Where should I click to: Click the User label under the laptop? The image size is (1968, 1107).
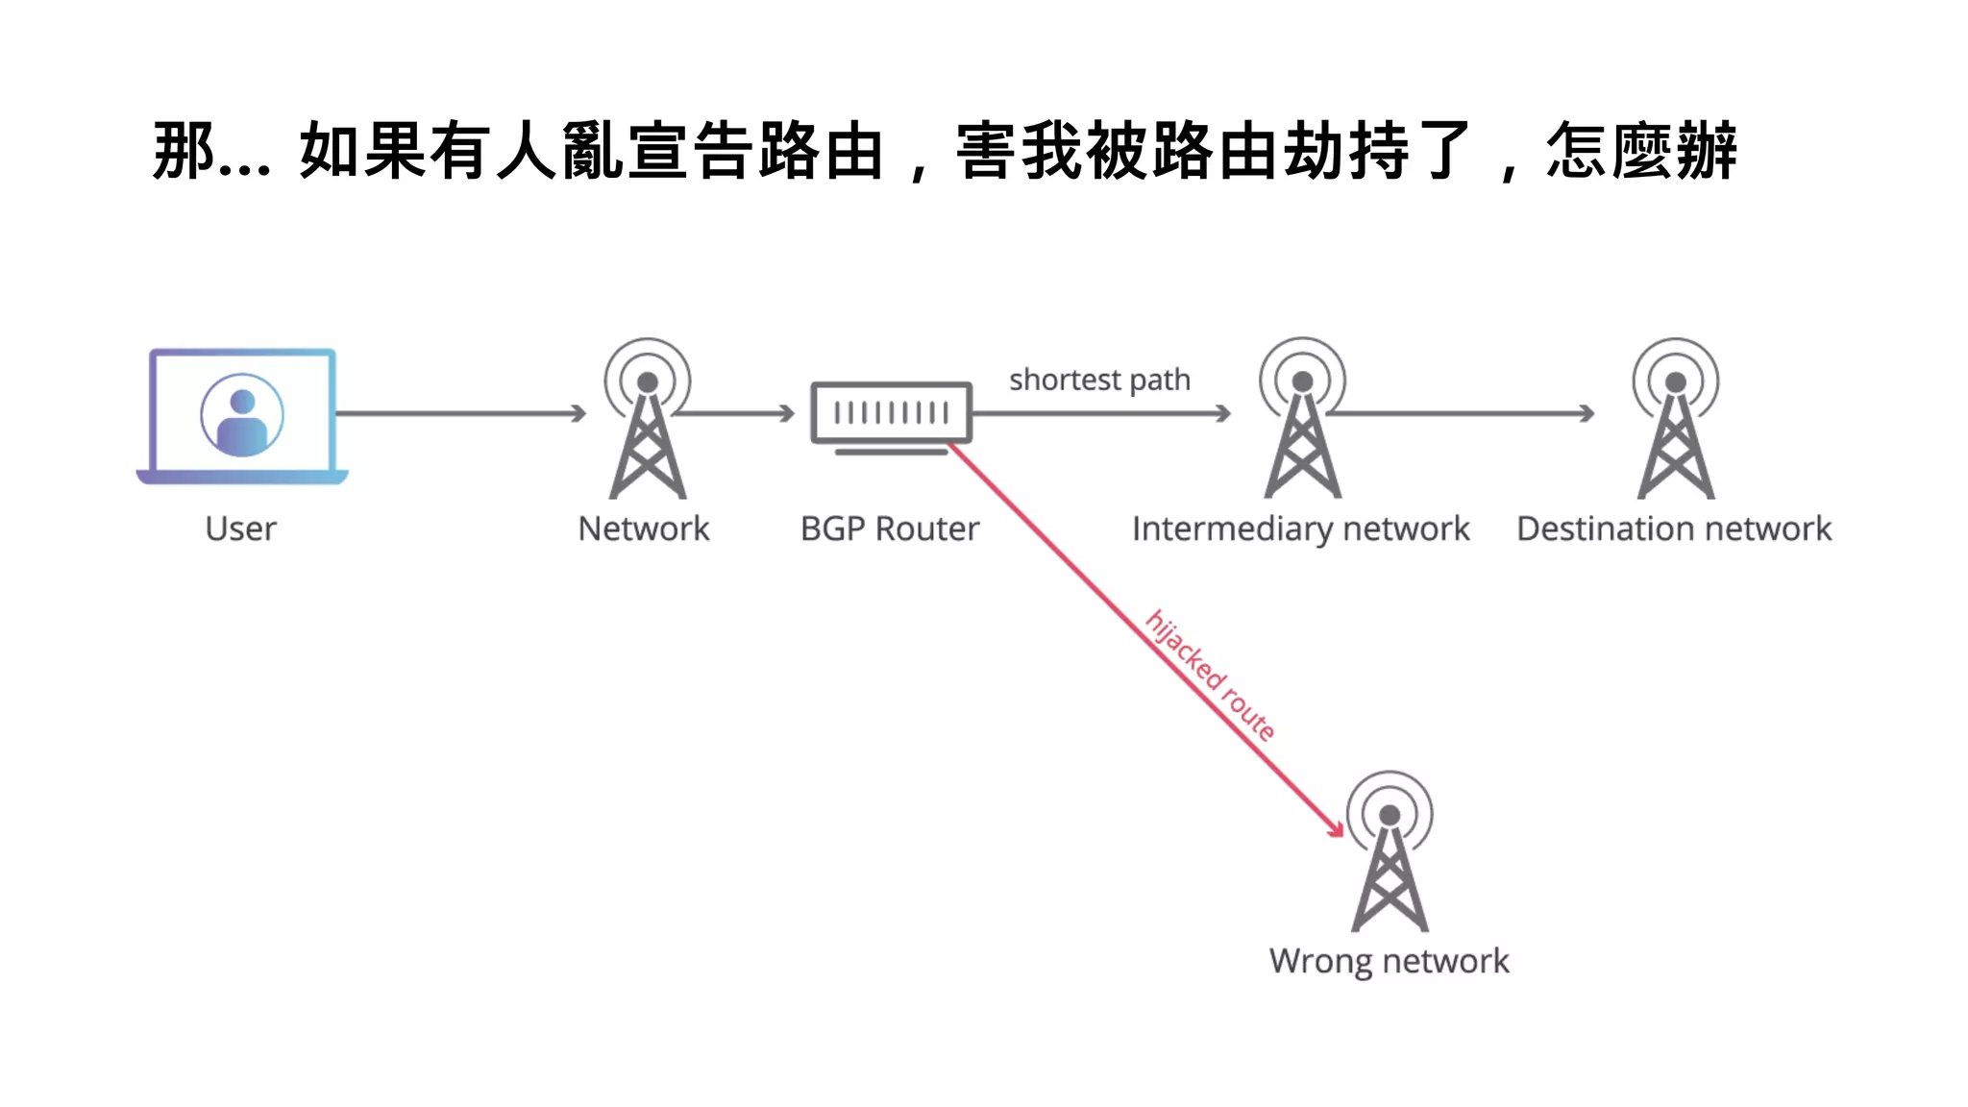pos(240,529)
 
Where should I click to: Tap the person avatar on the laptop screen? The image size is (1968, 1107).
pos(242,415)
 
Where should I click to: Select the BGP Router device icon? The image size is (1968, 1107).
pos(891,414)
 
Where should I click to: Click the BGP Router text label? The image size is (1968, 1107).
pos(890,529)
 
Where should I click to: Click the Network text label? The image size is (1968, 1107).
pos(644,529)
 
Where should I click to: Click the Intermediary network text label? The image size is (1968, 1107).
pos(1300,529)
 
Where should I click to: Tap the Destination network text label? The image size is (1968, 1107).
pos(1674,529)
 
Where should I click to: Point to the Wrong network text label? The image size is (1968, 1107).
pos(1389,961)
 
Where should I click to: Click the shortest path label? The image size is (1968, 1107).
pos(1099,380)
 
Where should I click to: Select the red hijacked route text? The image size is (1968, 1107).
pos(1210,676)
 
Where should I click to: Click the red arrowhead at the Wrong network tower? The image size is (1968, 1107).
pos(1336,828)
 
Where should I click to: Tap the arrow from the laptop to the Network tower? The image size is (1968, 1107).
pos(461,413)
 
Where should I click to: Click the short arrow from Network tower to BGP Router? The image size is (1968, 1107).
pos(735,413)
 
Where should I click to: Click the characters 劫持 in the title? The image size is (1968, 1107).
pos(1345,151)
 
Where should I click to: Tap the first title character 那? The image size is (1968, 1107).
pos(184,151)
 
